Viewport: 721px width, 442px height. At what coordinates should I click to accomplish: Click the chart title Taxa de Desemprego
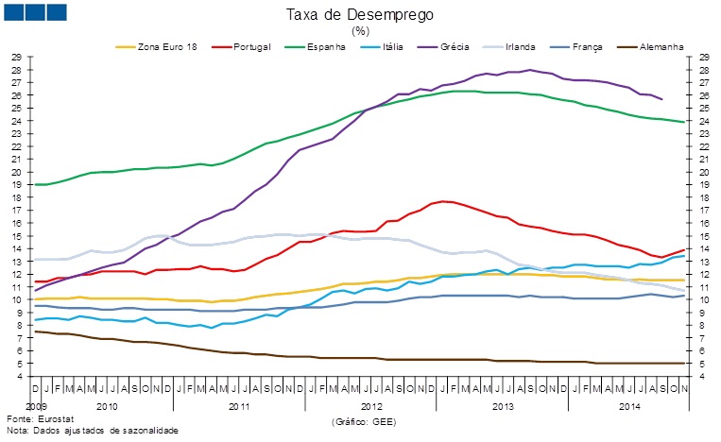(360, 15)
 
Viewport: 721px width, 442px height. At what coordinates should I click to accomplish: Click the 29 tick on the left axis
(16, 58)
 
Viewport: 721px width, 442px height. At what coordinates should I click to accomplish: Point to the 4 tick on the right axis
(704, 376)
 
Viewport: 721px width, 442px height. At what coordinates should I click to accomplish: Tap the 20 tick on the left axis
(16, 172)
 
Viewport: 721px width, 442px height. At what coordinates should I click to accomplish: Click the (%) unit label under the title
(360, 30)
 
